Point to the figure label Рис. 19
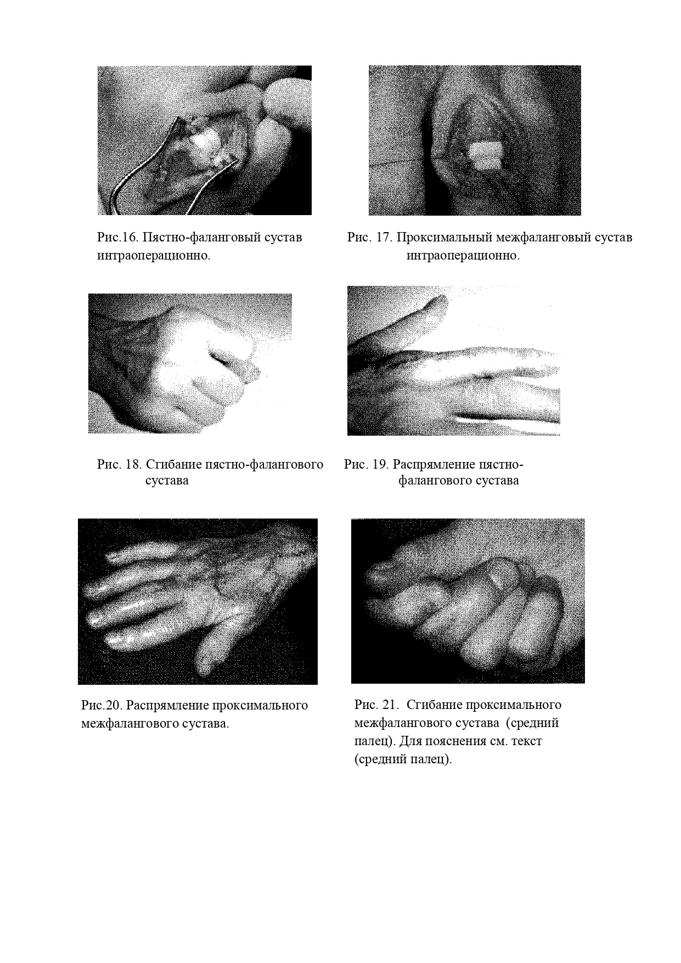point(366,464)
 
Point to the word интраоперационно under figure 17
point(463,256)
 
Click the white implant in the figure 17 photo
point(486,156)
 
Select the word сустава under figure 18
point(167,481)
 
